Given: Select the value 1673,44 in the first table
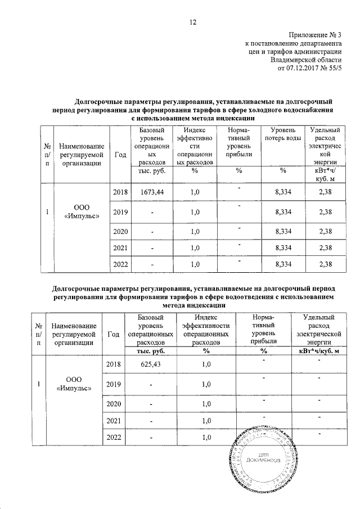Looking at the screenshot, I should click(x=150, y=192).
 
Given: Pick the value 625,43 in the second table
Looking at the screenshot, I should click(x=150, y=364).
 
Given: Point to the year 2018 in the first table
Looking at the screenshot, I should click(x=120, y=192).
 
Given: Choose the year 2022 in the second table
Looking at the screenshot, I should click(x=114, y=438).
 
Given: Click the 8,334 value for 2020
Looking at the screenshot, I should click(x=283, y=231).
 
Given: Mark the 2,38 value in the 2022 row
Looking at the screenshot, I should click(x=325, y=264).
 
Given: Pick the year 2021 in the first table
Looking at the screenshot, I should click(x=120, y=247).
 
